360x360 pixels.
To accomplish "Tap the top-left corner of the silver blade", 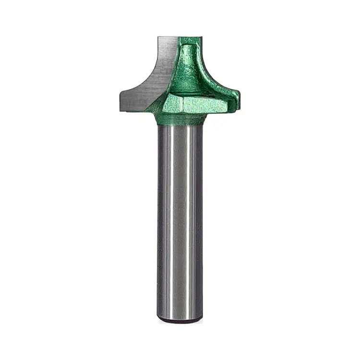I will [158, 37].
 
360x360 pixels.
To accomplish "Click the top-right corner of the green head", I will [200, 37].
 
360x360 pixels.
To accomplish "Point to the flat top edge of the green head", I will [190, 37].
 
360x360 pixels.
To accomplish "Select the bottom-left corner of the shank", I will [159, 319].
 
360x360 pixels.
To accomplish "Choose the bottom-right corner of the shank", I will [202, 319].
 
